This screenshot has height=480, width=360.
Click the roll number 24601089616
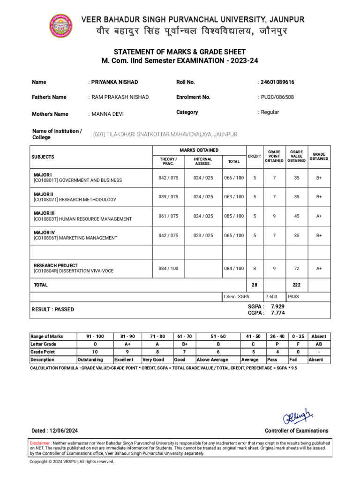(x=277, y=82)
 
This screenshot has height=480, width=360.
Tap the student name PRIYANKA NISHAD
(x=114, y=82)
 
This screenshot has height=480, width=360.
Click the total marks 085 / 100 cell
(x=234, y=216)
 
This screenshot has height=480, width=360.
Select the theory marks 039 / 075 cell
(x=168, y=197)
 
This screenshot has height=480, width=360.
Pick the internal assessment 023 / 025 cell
(x=203, y=235)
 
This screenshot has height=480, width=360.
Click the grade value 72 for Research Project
(x=297, y=269)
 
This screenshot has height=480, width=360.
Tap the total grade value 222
(x=297, y=285)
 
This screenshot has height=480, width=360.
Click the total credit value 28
(x=255, y=285)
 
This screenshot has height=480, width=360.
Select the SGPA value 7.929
(x=277, y=306)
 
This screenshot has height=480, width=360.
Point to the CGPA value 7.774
(x=277, y=313)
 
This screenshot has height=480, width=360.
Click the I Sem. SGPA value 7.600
(x=271, y=297)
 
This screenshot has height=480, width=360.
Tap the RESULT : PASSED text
(x=52, y=309)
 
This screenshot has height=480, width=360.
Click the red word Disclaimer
(x=40, y=442)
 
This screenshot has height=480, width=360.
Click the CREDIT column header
(x=255, y=156)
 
